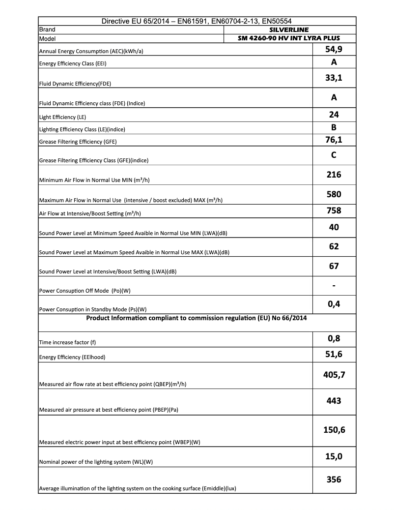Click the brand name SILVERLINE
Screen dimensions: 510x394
289,30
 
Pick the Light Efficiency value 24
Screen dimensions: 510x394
334,115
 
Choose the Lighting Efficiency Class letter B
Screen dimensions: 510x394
334,127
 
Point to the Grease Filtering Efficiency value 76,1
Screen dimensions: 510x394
334,140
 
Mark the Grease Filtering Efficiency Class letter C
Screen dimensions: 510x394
334,155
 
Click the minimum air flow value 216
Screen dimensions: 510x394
334,174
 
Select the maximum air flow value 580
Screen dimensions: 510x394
334,194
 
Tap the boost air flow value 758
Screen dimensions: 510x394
334,210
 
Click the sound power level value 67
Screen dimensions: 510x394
334,266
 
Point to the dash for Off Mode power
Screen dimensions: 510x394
334,285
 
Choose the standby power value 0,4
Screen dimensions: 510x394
334,304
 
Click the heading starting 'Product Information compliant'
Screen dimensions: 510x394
197,318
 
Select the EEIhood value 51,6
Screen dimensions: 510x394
334,354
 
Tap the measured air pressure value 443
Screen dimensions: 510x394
334,400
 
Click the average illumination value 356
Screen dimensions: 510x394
334,479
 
